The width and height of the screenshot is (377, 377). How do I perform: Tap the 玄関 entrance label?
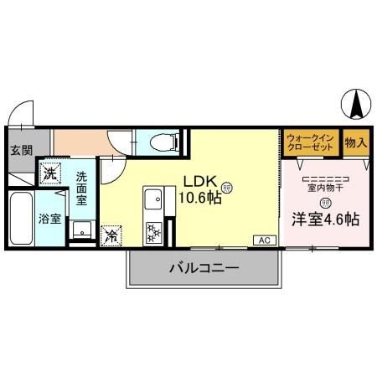coord(21,151)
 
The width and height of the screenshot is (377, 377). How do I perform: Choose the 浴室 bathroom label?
coord(49,219)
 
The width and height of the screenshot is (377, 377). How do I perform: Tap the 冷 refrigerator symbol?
coord(111,235)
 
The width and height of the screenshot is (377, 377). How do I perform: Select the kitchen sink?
coord(154,200)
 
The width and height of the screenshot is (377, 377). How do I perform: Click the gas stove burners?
coord(154,230)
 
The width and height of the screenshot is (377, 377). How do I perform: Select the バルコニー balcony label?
coord(204,269)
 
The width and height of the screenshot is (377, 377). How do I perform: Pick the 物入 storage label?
coord(355,142)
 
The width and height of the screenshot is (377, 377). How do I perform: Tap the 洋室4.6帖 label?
coord(325,219)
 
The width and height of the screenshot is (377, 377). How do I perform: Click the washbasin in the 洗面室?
coord(81,230)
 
